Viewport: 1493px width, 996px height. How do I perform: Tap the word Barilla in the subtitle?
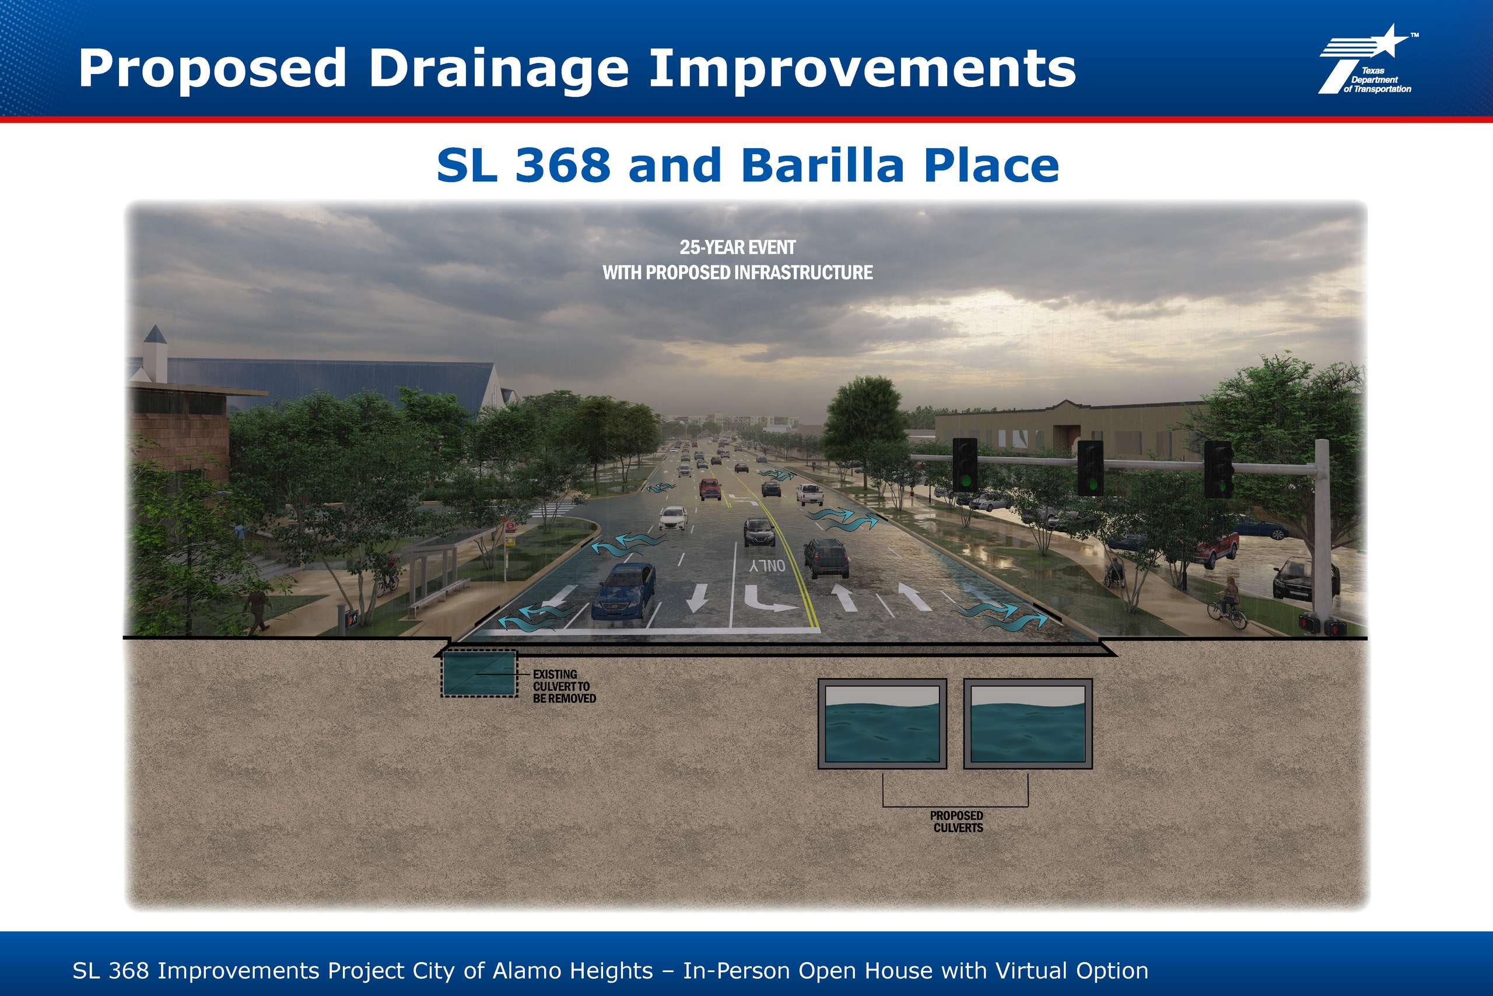point(823,166)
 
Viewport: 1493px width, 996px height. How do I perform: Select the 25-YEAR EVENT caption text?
point(738,247)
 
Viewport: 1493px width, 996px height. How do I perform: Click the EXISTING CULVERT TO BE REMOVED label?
point(565,687)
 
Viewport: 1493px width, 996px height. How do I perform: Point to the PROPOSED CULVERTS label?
point(957,822)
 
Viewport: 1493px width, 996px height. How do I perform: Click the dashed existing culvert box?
point(479,673)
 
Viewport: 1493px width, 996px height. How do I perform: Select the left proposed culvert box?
point(882,724)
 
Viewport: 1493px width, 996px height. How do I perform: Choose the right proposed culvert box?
point(1028,724)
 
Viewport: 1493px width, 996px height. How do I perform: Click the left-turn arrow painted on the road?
point(769,599)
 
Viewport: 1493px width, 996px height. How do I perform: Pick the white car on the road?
point(674,518)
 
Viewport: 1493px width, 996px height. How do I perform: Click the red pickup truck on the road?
point(710,488)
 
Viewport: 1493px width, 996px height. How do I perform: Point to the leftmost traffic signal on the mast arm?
point(965,464)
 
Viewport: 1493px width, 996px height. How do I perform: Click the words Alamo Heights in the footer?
point(573,970)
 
